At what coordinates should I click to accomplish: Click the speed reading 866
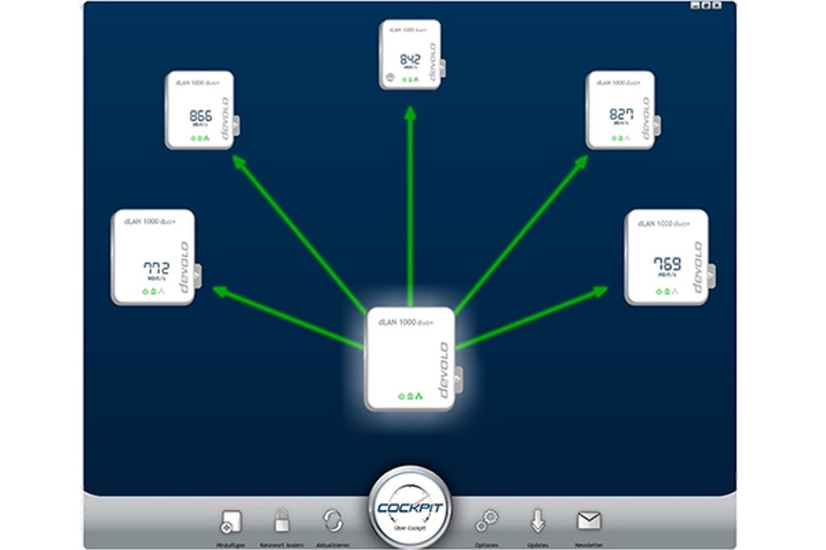pos(200,115)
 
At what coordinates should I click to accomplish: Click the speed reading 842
pos(411,59)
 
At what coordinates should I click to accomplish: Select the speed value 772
pos(155,268)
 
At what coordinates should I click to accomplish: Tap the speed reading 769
pos(666,264)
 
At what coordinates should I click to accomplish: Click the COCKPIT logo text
pos(409,507)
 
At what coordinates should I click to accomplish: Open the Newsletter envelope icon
pos(588,520)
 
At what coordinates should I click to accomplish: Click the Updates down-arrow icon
pos(538,520)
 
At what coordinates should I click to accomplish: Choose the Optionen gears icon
pos(487,521)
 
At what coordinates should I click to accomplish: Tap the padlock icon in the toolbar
pos(282,520)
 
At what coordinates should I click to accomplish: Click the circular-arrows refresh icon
pos(333,520)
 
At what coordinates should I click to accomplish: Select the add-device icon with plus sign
pos(231,522)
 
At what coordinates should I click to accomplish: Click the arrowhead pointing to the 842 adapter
pos(411,114)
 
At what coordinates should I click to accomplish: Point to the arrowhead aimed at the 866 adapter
pos(239,162)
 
